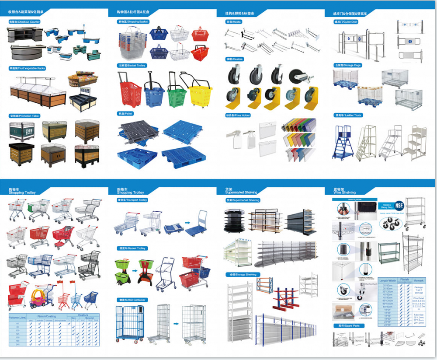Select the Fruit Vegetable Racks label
[x=27, y=69]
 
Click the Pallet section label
[x=125, y=114]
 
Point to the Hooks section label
[x=233, y=21]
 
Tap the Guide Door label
[x=346, y=21]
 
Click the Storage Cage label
[x=347, y=65]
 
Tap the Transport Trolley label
[x=132, y=200]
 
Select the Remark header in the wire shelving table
[x=419, y=280]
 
